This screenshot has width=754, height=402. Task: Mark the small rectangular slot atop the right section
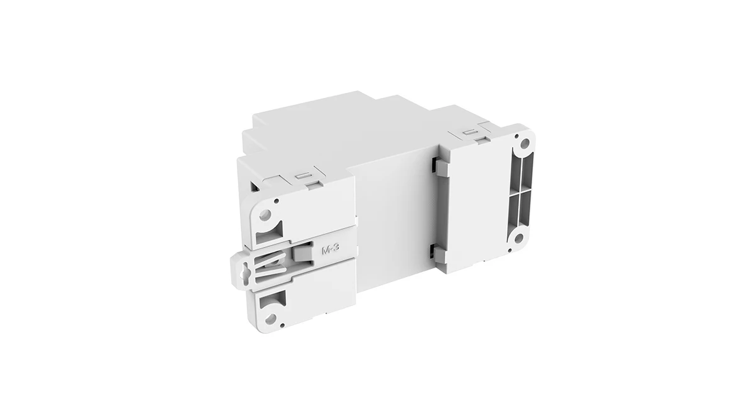[x=469, y=133]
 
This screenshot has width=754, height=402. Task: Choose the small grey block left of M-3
[x=303, y=253]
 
